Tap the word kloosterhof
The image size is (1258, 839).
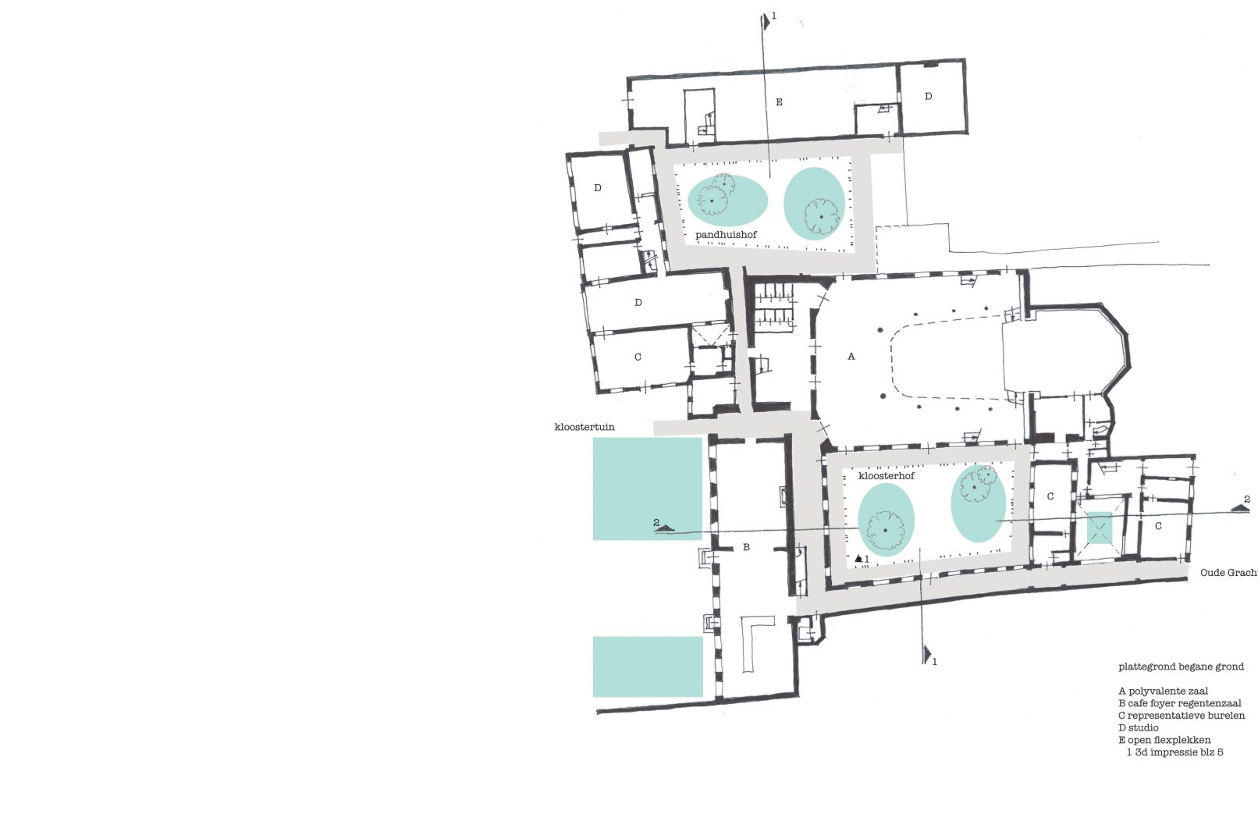(887, 475)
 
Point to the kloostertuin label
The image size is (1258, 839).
(584, 427)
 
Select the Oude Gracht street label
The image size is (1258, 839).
(1229, 573)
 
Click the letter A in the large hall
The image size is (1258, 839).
(851, 356)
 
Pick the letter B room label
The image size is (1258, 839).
(746, 547)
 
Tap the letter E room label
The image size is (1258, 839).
(779, 102)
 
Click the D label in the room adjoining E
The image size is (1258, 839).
(929, 96)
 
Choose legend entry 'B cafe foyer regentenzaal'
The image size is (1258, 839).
(1179, 703)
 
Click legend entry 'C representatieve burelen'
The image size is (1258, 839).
(1182, 716)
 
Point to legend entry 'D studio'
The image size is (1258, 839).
(1139, 728)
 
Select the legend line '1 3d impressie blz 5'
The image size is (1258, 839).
(1174, 752)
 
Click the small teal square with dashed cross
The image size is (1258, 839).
(1100, 528)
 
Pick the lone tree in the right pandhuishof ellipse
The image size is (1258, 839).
(821, 217)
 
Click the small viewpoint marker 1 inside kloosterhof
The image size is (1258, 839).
(861, 559)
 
